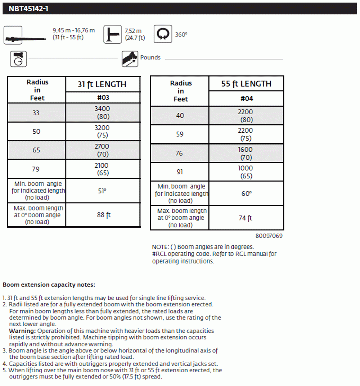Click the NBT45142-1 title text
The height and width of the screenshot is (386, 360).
coord(28,9)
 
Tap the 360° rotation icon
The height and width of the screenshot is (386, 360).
coord(163,34)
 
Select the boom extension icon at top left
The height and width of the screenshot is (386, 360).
coord(14,35)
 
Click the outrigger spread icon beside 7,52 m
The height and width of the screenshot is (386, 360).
coord(112,35)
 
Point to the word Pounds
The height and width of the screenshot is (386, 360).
coord(150,58)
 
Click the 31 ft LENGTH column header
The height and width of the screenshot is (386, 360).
coord(102,84)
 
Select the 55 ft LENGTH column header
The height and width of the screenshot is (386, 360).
coord(246,84)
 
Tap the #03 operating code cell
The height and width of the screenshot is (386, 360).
coord(103,98)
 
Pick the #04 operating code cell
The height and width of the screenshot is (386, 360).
coord(246,99)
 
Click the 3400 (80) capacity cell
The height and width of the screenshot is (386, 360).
coord(103,112)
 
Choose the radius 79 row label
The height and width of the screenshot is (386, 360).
coord(36,169)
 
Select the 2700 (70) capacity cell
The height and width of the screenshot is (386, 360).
coord(103,150)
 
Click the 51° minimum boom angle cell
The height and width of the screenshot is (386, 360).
coord(103,191)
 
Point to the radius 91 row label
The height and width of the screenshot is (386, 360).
coord(180,172)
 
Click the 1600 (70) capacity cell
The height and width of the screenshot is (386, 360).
coord(246,153)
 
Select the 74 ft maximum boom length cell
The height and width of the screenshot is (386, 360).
coord(246,218)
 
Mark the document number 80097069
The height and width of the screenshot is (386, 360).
coord(269,236)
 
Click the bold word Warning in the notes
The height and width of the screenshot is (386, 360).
coord(22,331)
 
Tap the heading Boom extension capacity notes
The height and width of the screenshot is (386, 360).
coord(49,285)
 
